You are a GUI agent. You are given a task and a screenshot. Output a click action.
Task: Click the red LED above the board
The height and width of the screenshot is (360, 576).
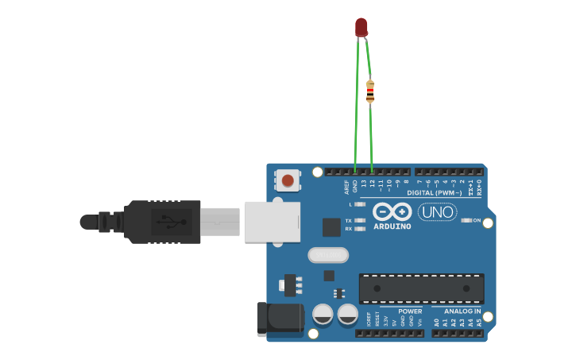361,27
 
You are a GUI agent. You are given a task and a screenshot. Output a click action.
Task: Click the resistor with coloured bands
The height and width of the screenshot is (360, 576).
370,91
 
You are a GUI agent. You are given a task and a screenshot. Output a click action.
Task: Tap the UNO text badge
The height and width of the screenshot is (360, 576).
437,212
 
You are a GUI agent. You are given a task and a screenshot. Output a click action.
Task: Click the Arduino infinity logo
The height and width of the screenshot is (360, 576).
392,212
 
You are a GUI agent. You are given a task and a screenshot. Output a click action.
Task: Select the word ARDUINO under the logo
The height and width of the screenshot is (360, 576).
392,226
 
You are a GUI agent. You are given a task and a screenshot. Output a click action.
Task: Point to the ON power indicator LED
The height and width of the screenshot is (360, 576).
466,220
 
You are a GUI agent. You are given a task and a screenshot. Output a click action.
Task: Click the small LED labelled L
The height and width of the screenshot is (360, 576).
359,204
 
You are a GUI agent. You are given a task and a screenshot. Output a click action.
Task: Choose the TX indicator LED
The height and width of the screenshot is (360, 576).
359,220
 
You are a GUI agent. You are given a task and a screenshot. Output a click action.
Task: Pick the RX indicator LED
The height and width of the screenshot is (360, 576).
359,229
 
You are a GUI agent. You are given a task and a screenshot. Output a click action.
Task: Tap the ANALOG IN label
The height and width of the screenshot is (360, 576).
462,311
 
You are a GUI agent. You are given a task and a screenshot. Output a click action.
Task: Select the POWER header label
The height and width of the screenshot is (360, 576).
410,311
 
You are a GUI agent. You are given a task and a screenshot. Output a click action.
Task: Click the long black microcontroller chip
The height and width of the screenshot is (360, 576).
421,288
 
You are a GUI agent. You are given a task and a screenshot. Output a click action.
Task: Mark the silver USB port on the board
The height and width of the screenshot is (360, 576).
272,222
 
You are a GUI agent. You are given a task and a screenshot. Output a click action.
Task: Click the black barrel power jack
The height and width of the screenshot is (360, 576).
279,318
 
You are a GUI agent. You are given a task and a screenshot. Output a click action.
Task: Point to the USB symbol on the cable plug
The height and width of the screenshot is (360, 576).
165,222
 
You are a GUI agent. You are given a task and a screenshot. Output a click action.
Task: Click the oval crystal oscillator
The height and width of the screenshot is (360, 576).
328,255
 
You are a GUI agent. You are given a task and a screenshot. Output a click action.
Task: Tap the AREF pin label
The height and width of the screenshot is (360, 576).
346,186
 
